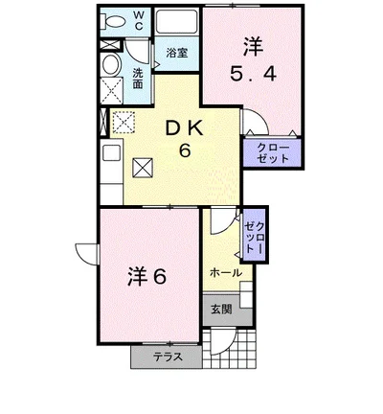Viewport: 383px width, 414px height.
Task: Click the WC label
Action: point(138,21)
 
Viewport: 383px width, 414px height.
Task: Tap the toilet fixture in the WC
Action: point(114,21)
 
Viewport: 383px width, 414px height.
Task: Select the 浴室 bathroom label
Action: point(176,55)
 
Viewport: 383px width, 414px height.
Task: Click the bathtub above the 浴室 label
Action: point(175,24)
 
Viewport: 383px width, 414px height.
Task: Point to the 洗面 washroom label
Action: point(138,79)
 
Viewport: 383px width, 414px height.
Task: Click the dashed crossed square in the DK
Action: point(124,122)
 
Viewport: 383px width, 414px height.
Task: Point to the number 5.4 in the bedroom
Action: point(252,73)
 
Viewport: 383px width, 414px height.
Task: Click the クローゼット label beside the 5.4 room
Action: point(274,152)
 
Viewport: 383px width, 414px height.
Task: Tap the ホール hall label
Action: point(225,273)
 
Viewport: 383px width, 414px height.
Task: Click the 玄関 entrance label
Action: point(221,310)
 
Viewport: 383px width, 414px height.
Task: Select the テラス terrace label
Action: point(166,356)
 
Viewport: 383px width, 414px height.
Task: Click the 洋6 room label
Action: point(147,276)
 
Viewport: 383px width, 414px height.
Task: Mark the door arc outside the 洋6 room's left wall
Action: point(86,254)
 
